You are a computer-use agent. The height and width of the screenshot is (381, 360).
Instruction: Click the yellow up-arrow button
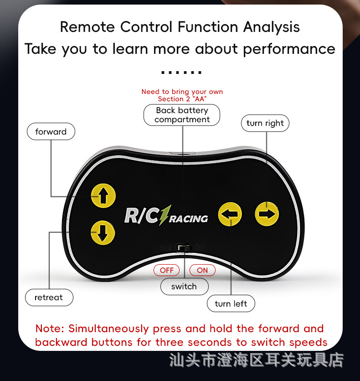pyautogui.click(x=103, y=196)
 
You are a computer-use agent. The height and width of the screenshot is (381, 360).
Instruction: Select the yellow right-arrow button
pyautogui.click(x=267, y=214)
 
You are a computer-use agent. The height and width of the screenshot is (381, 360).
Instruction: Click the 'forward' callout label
pyautogui.click(x=51, y=132)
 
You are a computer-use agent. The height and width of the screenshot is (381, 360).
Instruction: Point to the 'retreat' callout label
pyautogui.click(x=49, y=297)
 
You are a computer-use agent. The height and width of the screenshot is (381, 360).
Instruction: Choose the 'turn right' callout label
pyautogui.click(x=265, y=123)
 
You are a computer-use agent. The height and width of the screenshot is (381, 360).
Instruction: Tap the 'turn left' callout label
pyautogui.click(x=231, y=304)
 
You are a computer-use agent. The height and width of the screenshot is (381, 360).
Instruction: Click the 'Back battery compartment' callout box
pyautogui.click(x=182, y=115)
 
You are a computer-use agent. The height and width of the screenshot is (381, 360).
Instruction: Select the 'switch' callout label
pyautogui.click(x=184, y=287)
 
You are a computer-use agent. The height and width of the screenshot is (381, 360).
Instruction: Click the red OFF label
pyautogui.click(x=167, y=270)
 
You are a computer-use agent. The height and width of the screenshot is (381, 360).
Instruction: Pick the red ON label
pyautogui.click(x=202, y=270)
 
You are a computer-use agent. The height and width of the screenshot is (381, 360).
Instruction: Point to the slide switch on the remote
pyautogui.click(x=185, y=248)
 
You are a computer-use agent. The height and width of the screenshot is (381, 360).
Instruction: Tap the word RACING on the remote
pyautogui.click(x=190, y=219)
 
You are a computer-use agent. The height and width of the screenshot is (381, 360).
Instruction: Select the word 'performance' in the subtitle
pyautogui.click(x=289, y=49)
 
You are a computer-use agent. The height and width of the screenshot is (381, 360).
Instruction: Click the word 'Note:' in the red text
pyautogui.click(x=50, y=329)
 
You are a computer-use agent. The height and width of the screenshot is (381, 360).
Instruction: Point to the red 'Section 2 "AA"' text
pyautogui.click(x=182, y=99)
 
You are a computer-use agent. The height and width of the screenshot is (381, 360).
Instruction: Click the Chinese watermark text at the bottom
pyautogui.click(x=256, y=360)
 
